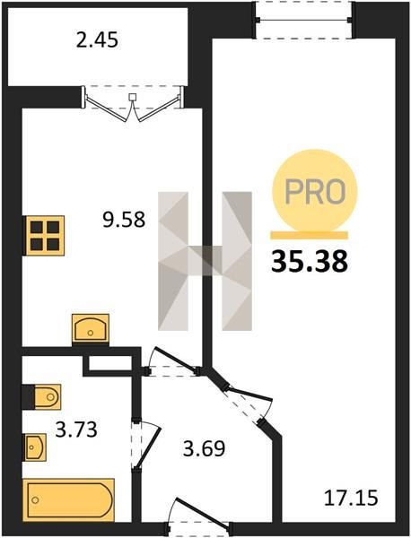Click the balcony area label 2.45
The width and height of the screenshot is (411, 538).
tap(97, 39)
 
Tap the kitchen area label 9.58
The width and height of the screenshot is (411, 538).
tap(124, 220)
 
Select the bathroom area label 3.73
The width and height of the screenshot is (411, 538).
tap(76, 430)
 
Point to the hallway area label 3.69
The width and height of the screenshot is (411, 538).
tap(204, 448)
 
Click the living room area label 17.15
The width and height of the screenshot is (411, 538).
tap(351, 498)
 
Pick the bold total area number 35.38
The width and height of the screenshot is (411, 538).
tap(310, 262)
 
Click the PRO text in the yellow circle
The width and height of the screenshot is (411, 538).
tap(315, 191)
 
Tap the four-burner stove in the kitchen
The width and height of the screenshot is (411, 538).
tap(45, 235)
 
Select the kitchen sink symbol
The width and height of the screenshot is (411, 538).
tap(91, 329)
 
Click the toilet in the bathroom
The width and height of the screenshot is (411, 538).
tap(42, 397)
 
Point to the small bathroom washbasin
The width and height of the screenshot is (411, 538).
tap(34, 447)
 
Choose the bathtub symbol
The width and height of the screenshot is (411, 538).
tap(68, 500)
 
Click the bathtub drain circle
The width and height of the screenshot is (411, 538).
tap(35, 500)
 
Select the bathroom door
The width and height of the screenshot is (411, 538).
tap(145, 445)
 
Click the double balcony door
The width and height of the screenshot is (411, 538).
tap(133, 103)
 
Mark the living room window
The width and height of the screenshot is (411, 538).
tap(304, 20)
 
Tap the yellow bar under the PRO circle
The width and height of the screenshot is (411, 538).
tap(309, 235)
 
